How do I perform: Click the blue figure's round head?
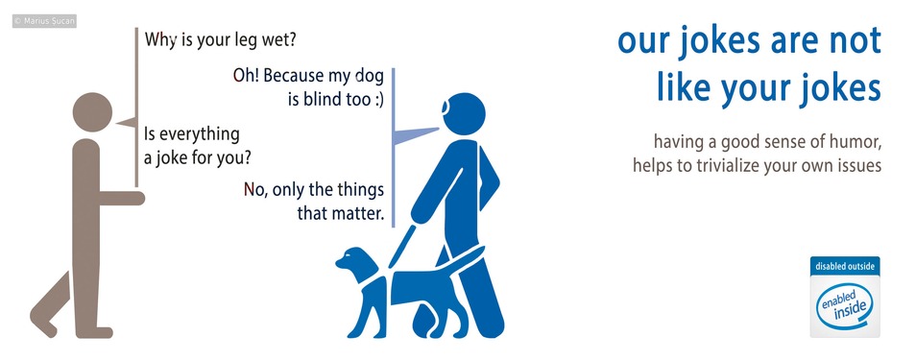click(462, 112)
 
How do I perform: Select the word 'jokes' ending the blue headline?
click(834, 87)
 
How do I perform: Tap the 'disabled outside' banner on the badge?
click(844, 266)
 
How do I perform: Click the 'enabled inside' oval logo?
click(844, 302)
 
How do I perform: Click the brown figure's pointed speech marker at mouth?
click(125, 123)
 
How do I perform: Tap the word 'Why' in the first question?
click(159, 41)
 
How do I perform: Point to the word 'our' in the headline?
click(639, 42)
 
